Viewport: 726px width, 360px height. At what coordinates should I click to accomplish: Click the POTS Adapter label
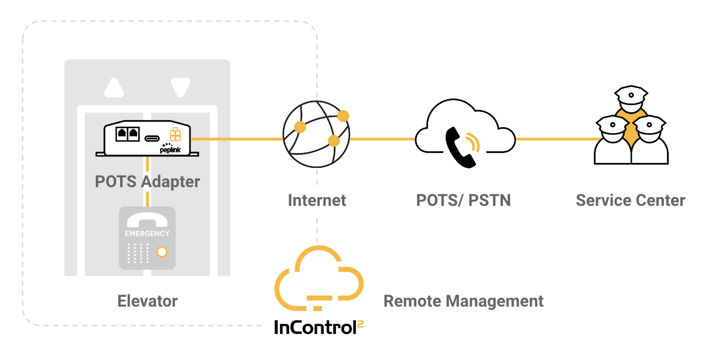tap(147, 182)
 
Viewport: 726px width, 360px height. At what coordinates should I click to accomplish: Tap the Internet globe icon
tap(316, 135)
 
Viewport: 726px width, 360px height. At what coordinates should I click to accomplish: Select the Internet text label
tap(317, 200)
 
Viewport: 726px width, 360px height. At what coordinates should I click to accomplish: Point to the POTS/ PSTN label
tap(463, 200)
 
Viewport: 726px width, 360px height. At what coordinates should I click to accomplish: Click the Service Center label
tap(630, 200)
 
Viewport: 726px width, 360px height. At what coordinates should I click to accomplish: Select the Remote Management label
tap(463, 301)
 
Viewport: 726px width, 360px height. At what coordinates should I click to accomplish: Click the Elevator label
tap(147, 301)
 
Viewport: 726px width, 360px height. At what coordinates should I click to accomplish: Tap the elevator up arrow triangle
tap(114, 88)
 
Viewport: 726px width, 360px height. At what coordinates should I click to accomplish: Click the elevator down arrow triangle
tap(180, 88)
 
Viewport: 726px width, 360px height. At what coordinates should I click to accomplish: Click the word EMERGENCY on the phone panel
tap(147, 233)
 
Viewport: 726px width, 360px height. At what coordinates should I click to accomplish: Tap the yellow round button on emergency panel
tap(162, 252)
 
